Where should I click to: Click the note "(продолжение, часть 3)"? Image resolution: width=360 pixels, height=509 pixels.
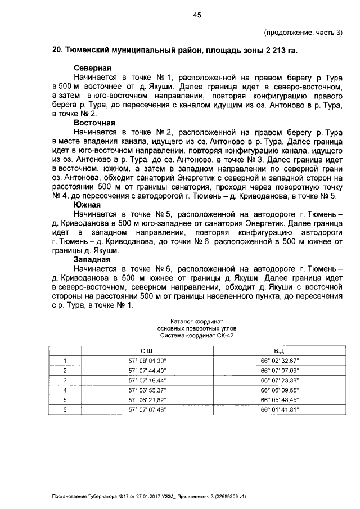coord(303,32)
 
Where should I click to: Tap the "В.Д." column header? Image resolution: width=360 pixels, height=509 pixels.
coord(280,351)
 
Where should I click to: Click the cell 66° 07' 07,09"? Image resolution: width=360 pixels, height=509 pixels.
coord(280,371)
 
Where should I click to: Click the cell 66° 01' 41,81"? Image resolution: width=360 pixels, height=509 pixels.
coord(280,410)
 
